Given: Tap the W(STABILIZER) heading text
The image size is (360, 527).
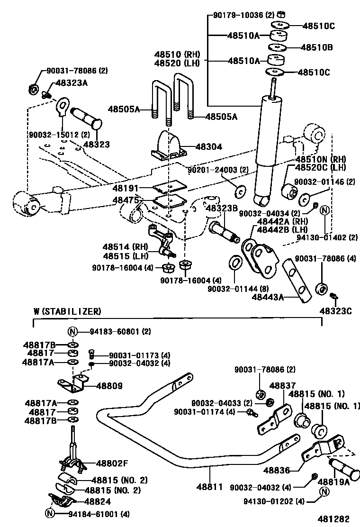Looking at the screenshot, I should coord(67,311).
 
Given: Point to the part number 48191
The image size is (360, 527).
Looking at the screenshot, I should coord(126,188).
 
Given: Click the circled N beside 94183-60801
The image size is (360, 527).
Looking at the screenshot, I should coord(73,331).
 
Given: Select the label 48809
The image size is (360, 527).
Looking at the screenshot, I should coord(109,386).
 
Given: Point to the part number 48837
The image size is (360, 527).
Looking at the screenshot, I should coord(282,386).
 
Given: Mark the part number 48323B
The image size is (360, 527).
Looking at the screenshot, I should coord(221,208).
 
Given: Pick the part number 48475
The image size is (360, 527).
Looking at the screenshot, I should coord(126,200).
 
